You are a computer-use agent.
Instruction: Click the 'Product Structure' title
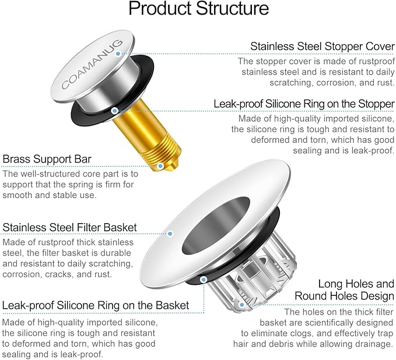point(198,9)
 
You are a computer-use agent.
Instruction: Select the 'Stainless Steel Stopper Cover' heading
point(322,46)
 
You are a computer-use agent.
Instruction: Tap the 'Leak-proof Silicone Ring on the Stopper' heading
point(304,104)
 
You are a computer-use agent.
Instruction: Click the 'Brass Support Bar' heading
point(47,159)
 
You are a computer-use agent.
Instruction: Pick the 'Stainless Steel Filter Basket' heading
point(70,227)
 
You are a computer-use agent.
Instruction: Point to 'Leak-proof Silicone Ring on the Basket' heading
point(96,305)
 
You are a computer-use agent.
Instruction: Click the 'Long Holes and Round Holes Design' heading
point(356,290)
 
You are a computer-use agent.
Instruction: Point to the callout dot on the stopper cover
point(118,54)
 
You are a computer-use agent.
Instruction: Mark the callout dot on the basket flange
point(170,234)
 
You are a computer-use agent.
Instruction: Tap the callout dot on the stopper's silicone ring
point(115,110)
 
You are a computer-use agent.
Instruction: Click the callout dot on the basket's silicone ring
point(203,279)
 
